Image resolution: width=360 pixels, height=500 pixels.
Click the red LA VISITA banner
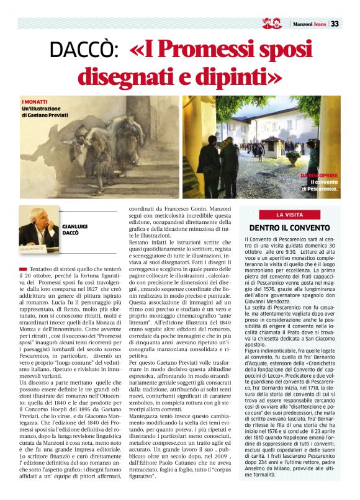(x=289, y=215)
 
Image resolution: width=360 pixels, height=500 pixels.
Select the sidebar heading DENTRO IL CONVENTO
(x=289, y=228)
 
